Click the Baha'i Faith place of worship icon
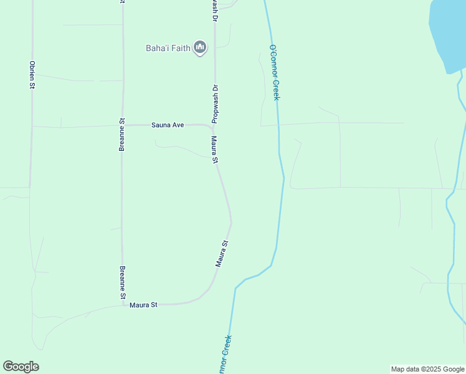click(x=200, y=47)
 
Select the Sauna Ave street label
click(x=168, y=125)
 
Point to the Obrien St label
click(x=31, y=75)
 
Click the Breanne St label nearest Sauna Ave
click(x=123, y=135)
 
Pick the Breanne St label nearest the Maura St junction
click(x=123, y=283)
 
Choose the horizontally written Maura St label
click(x=143, y=305)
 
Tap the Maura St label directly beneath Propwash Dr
click(x=215, y=150)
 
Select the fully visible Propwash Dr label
click(x=214, y=103)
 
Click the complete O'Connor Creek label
click(x=274, y=72)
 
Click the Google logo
click(x=21, y=367)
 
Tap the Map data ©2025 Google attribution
click(x=427, y=369)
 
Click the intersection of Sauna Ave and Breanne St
click(x=122, y=126)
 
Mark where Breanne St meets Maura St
click(x=123, y=305)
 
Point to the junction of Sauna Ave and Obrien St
click(x=32, y=127)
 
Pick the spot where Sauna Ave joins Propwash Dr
click(x=214, y=126)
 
